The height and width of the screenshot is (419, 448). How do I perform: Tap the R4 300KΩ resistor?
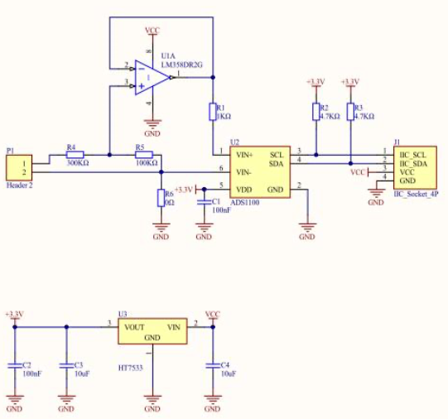pyautogui.click(x=75, y=154)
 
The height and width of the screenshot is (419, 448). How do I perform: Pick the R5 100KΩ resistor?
pyautogui.click(x=145, y=154)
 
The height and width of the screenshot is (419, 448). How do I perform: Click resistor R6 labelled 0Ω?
pyautogui.click(x=161, y=197)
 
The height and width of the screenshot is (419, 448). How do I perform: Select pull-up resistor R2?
pyautogui.click(x=316, y=112)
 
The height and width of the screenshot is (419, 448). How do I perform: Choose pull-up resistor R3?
pyautogui.click(x=351, y=112)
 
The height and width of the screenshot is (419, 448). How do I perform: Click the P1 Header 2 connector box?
pyautogui.click(x=17, y=168)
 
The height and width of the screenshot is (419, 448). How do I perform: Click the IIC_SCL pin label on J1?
pyautogui.click(x=413, y=154)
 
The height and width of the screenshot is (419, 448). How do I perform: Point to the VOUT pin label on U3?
pyautogui.click(x=134, y=327)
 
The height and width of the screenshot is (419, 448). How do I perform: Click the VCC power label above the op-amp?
pyautogui.click(x=152, y=30)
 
